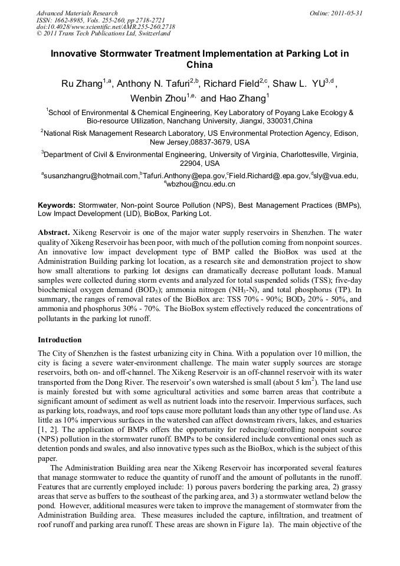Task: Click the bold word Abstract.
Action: coord(55,233)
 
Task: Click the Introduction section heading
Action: coord(60,340)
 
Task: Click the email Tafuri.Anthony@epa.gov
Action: coord(183,176)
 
